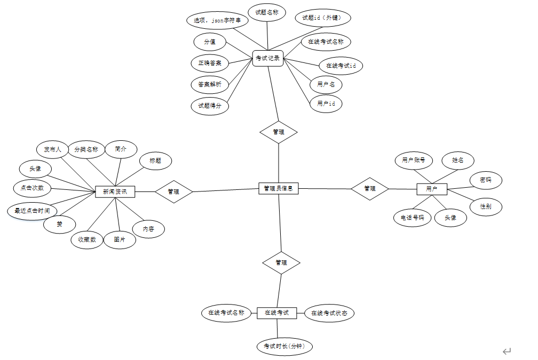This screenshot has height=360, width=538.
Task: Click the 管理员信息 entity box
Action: pyautogui.click(x=279, y=188)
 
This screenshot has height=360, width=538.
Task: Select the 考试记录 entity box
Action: pyautogui.click(x=267, y=58)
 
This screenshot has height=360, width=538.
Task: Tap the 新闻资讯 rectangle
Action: pyautogui.click(x=115, y=191)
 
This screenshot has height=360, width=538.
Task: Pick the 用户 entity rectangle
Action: pyautogui.click(x=431, y=189)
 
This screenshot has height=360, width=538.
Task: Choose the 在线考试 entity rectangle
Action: pyautogui.click(x=276, y=313)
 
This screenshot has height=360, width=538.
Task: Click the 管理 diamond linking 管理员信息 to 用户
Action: pyautogui.click(x=369, y=188)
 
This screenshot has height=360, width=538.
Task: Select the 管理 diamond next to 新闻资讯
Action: pyautogui.click(x=173, y=191)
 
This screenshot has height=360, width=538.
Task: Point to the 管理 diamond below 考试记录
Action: pyautogui.click(x=278, y=132)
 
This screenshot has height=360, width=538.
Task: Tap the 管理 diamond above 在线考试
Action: pyautogui.click(x=281, y=262)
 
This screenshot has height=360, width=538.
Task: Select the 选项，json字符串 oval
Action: pyautogui.click(x=217, y=21)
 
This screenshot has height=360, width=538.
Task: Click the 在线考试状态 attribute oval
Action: pyautogui.click(x=329, y=313)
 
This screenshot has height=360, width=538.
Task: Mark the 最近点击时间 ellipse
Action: pyautogui.click(x=32, y=211)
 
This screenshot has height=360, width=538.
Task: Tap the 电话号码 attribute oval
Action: pyautogui.click(x=412, y=218)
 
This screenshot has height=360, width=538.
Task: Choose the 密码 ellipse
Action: pyautogui.click(x=486, y=181)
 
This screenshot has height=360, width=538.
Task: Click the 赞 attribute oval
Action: pyautogui.click(x=60, y=225)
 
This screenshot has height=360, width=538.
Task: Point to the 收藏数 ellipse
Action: pyautogui.click(x=86, y=240)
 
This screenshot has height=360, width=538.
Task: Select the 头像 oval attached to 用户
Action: pyautogui.click(x=450, y=218)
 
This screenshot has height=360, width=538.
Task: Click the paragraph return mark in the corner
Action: pyautogui.click(x=507, y=351)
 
